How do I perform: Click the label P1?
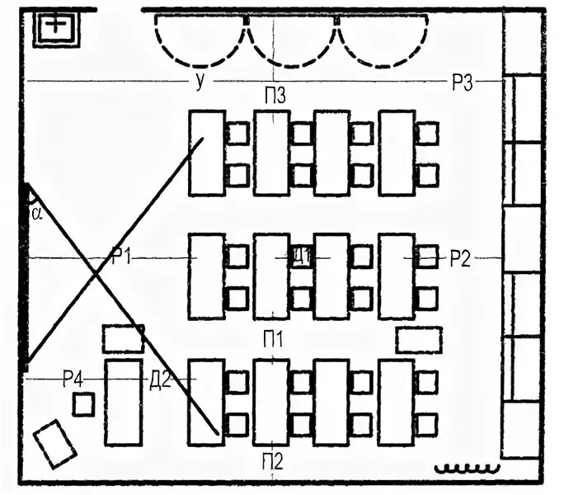(x=122, y=257)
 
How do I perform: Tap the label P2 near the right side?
(x=460, y=258)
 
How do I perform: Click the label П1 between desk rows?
(x=274, y=338)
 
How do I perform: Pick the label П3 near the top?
(x=275, y=96)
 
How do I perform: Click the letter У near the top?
(x=200, y=80)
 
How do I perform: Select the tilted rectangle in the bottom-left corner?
(x=55, y=444)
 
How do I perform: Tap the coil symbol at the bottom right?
(x=468, y=469)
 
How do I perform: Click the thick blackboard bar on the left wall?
(x=25, y=276)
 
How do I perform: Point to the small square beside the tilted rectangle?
(x=83, y=404)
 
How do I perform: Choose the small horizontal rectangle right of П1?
(x=419, y=339)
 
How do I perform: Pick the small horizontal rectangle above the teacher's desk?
(x=123, y=338)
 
